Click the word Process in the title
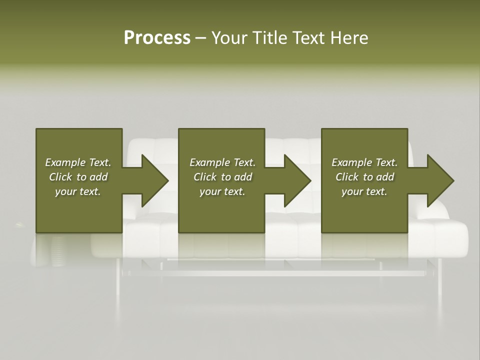click(x=157, y=38)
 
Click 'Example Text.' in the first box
click(x=78, y=162)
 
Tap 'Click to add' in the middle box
click(x=222, y=177)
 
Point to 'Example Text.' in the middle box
click(x=222, y=162)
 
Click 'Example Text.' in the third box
click(x=364, y=162)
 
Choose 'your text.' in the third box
click(x=364, y=191)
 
